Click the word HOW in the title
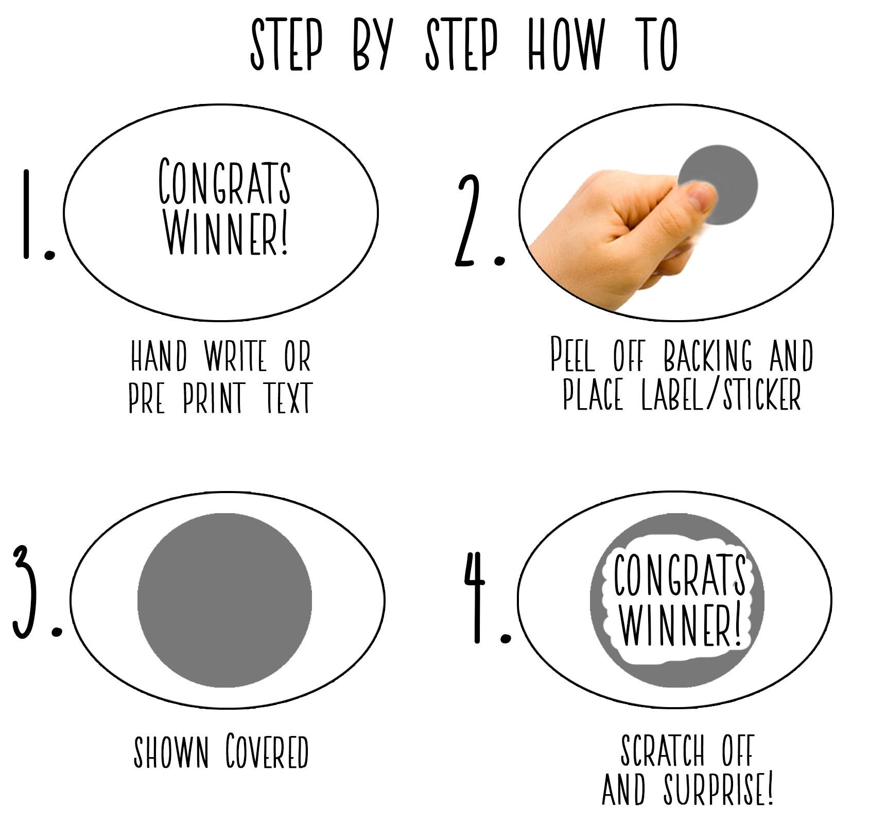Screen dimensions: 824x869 tap(566, 45)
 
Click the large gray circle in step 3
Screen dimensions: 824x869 tap(224, 600)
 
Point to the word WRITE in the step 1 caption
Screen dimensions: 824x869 tap(235, 356)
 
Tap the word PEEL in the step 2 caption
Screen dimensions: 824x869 tap(572, 355)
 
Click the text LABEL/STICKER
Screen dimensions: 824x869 tap(721, 395)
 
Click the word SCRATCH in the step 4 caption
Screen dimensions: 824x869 tap(662, 750)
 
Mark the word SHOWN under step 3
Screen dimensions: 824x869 tap(171, 752)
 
